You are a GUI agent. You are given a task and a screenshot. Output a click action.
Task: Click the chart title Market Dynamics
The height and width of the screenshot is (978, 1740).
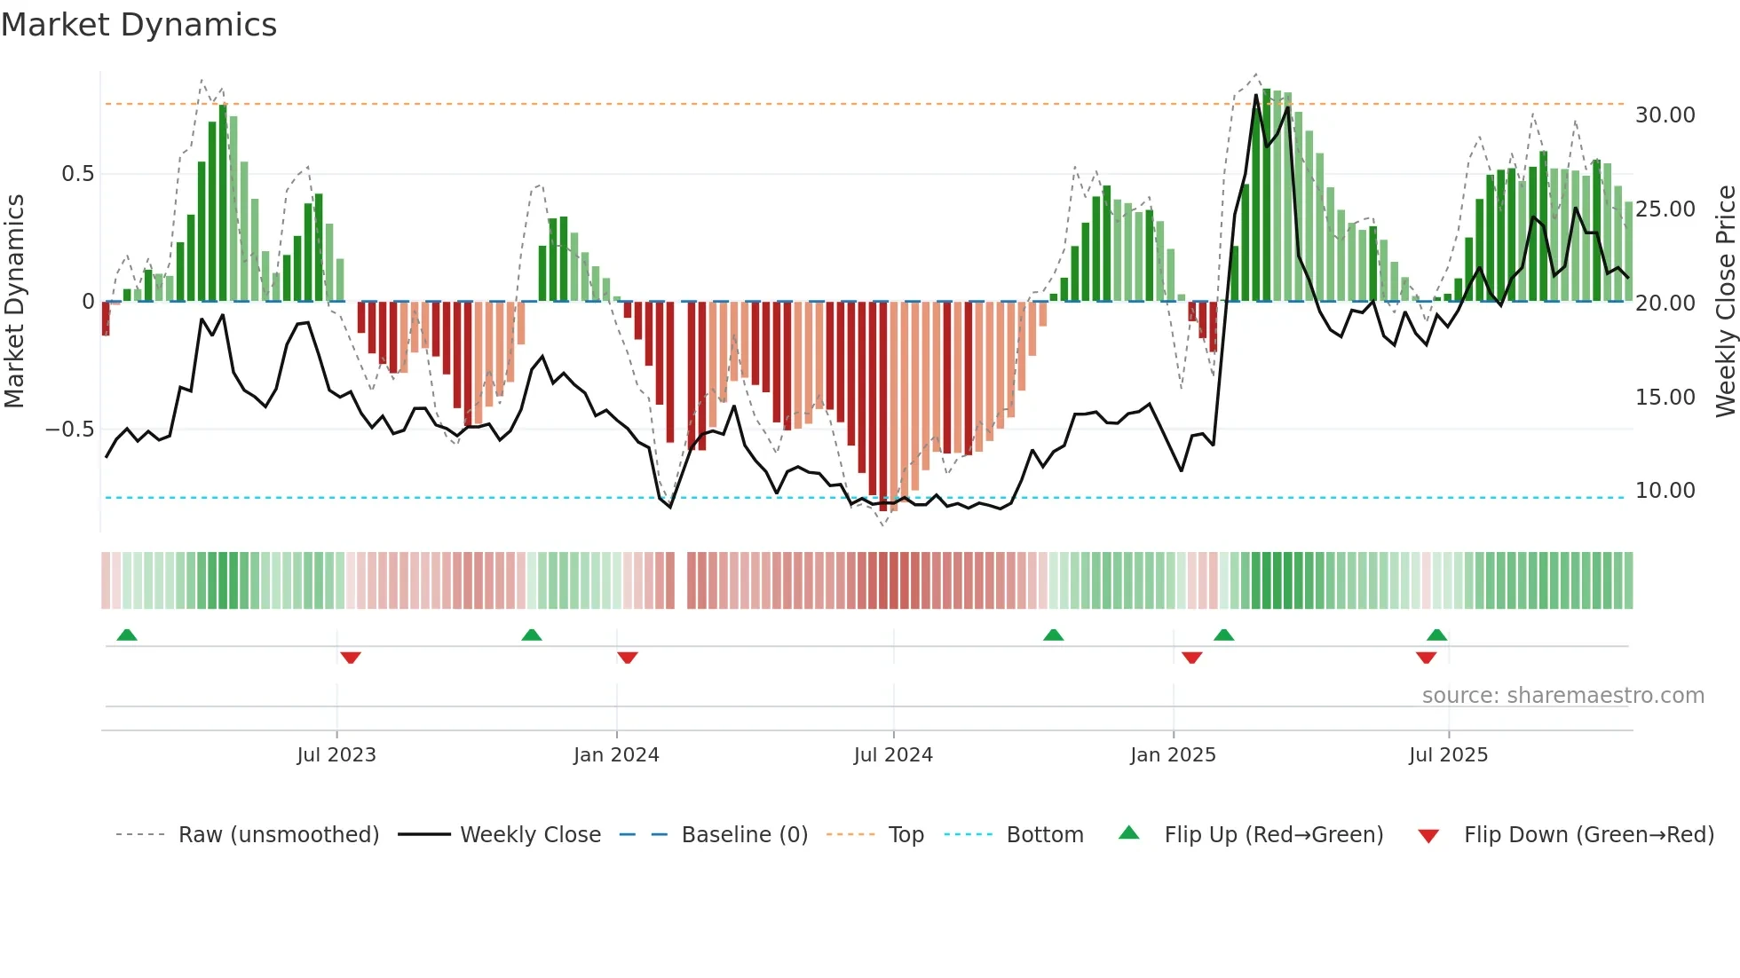(x=138, y=25)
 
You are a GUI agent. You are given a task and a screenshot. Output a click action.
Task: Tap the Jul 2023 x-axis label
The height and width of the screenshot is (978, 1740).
(x=336, y=755)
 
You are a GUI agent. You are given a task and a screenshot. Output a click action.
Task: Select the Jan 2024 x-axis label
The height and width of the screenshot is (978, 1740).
(x=616, y=755)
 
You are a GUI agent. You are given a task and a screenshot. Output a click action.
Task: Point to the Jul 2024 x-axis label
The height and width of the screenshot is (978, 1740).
(x=893, y=755)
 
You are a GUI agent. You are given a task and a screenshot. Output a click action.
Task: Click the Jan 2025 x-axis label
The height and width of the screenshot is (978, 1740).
(x=1173, y=755)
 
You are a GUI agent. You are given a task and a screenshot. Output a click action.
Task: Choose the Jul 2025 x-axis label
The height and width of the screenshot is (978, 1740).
(x=1448, y=755)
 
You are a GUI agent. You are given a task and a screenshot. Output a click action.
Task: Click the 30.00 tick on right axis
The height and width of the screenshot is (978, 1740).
(x=1665, y=115)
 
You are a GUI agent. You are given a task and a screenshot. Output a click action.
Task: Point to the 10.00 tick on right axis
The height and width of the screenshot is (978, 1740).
(x=1665, y=491)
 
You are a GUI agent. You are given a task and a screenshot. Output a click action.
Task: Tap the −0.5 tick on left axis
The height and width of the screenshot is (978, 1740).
(x=70, y=430)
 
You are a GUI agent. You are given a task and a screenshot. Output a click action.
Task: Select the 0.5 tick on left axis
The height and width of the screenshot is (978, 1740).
(x=77, y=174)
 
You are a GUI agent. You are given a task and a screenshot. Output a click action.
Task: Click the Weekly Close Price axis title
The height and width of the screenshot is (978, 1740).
(x=1725, y=302)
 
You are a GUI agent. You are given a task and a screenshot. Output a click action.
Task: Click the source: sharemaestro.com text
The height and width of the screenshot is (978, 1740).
(x=1562, y=696)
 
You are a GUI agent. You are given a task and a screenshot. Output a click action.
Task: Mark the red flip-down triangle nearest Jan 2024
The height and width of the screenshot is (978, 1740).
(x=628, y=658)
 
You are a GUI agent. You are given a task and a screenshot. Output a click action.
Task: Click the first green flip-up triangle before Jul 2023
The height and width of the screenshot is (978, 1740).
(x=127, y=635)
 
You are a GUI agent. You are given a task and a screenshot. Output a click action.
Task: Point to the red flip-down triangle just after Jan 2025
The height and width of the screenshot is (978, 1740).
(x=1192, y=658)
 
